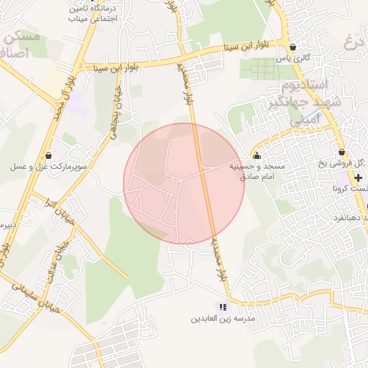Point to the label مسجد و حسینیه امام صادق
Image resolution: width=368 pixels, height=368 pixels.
[257, 170]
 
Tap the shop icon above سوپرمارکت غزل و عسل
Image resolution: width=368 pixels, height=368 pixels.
[48, 155]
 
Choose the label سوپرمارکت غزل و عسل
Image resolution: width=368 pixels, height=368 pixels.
[48, 166]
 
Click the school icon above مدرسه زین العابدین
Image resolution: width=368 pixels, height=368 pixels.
[221, 307]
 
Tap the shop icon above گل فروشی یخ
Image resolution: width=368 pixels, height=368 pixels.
[341, 152]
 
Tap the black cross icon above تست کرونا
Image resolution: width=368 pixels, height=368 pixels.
[357, 177]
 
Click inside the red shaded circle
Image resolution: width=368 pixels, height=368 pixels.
[184, 184]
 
